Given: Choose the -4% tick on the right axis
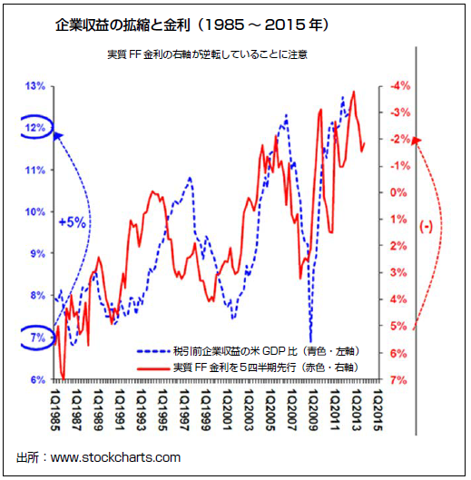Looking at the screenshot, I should tap(400, 86).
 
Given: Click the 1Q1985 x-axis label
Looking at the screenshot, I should tap(58, 408).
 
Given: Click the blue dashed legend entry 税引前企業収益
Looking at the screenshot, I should tap(245, 349).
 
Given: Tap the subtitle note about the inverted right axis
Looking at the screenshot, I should tap(206, 54).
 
